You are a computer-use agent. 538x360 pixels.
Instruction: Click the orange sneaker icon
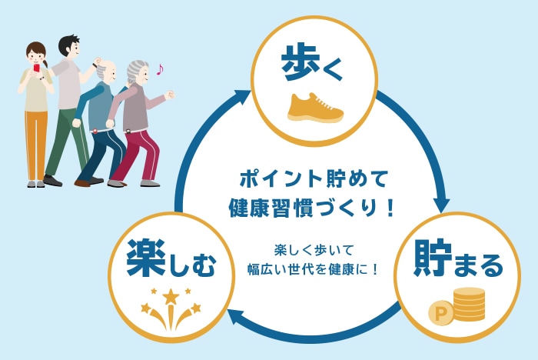315,108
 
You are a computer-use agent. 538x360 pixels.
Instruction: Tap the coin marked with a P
440,313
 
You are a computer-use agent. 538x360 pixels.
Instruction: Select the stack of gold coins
470,304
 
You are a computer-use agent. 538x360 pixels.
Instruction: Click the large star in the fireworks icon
171,296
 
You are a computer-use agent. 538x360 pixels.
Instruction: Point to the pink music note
160,69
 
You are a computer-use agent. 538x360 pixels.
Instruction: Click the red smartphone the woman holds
36,68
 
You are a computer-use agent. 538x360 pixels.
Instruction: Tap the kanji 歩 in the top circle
298,62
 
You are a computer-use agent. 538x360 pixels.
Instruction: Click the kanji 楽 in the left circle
146,258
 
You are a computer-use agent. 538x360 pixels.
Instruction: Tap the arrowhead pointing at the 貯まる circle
442,205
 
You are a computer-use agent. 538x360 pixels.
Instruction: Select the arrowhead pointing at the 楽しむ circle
236,317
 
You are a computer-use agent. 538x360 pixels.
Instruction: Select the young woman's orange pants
36,145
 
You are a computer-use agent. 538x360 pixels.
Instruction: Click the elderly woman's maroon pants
138,155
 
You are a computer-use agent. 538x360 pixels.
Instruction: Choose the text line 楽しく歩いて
314,250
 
